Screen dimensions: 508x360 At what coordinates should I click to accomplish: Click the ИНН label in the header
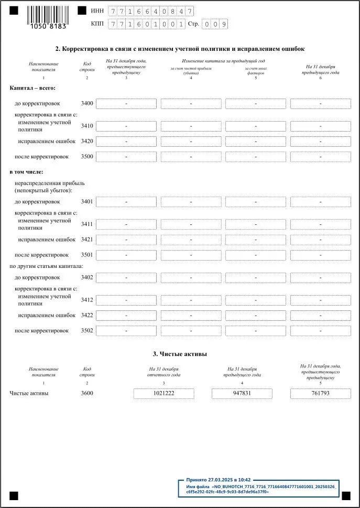coord(97,11)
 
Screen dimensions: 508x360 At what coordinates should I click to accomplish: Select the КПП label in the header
coord(97,24)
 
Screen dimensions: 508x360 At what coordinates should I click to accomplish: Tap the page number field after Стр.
coord(215,24)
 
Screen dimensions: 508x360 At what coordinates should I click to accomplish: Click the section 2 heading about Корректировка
coord(180,49)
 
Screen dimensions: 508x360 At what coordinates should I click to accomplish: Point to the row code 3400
coord(87,103)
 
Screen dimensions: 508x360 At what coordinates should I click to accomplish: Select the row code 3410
coord(87,126)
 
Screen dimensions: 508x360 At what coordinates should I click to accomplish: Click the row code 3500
coord(87,157)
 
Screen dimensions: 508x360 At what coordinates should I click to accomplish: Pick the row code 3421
coord(87,240)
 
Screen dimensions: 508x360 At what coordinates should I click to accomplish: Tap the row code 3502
coord(87,331)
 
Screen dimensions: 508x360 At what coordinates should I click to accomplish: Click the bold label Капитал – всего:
coord(32,88)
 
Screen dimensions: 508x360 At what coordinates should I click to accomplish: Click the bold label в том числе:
coord(26,171)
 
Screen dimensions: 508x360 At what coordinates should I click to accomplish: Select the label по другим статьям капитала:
coord(46,266)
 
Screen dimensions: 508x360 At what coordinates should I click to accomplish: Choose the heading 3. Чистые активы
coord(180,354)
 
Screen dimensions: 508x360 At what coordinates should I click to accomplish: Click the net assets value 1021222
coord(164,394)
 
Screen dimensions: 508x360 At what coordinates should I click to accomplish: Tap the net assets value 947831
coord(242,394)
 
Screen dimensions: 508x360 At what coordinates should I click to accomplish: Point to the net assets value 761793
coord(320,394)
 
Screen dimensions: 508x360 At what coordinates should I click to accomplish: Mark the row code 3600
coord(87,393)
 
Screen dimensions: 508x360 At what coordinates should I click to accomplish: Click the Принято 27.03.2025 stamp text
coord(219,480)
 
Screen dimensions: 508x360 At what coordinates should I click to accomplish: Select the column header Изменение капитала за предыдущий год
coord(223,61)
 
